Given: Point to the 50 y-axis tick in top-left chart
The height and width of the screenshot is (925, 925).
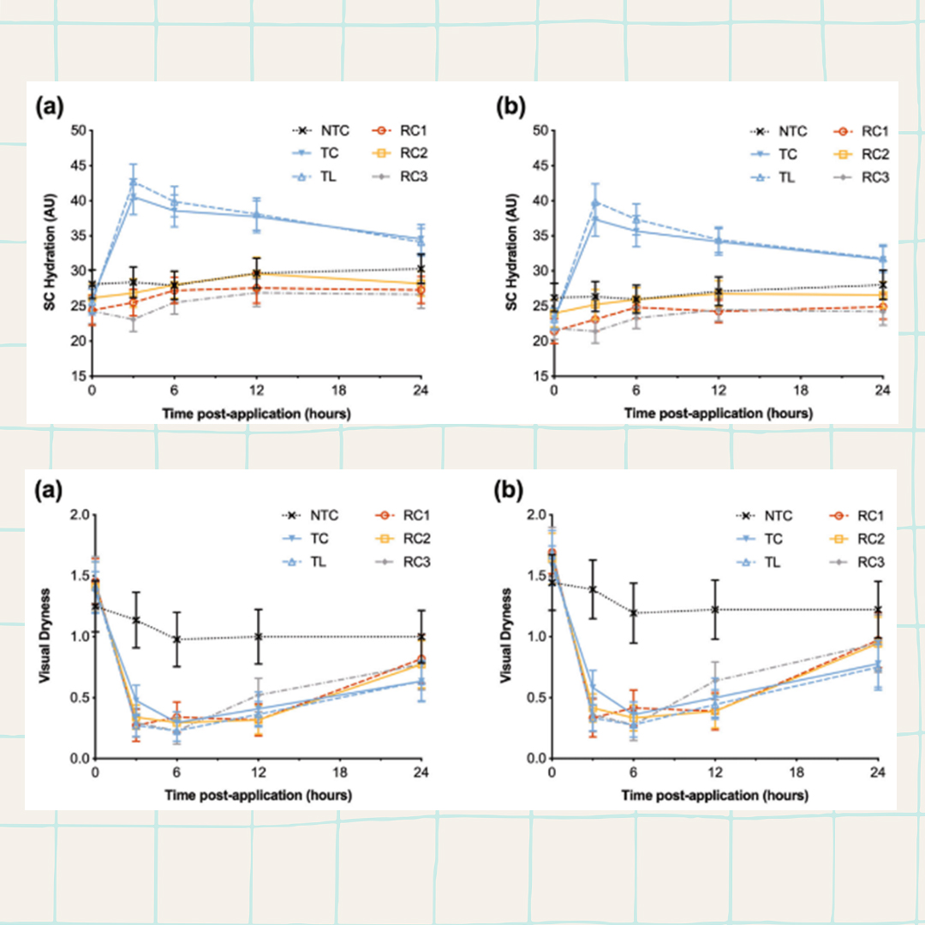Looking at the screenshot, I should tap(78, 131).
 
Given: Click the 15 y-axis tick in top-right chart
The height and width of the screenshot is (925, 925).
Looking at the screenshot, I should tap(540, 376).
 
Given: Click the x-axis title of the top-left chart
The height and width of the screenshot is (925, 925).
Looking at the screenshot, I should tap(257, 414).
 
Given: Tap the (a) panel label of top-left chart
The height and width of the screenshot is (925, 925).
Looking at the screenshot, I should tap(48, 108).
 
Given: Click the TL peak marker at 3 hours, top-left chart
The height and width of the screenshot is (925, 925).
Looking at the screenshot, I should tap(133, 182).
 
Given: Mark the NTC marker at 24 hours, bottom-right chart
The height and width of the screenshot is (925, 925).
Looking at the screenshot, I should tap(876, 610).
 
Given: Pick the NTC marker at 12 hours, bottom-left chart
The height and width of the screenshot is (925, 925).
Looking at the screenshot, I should tap(258, 636).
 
